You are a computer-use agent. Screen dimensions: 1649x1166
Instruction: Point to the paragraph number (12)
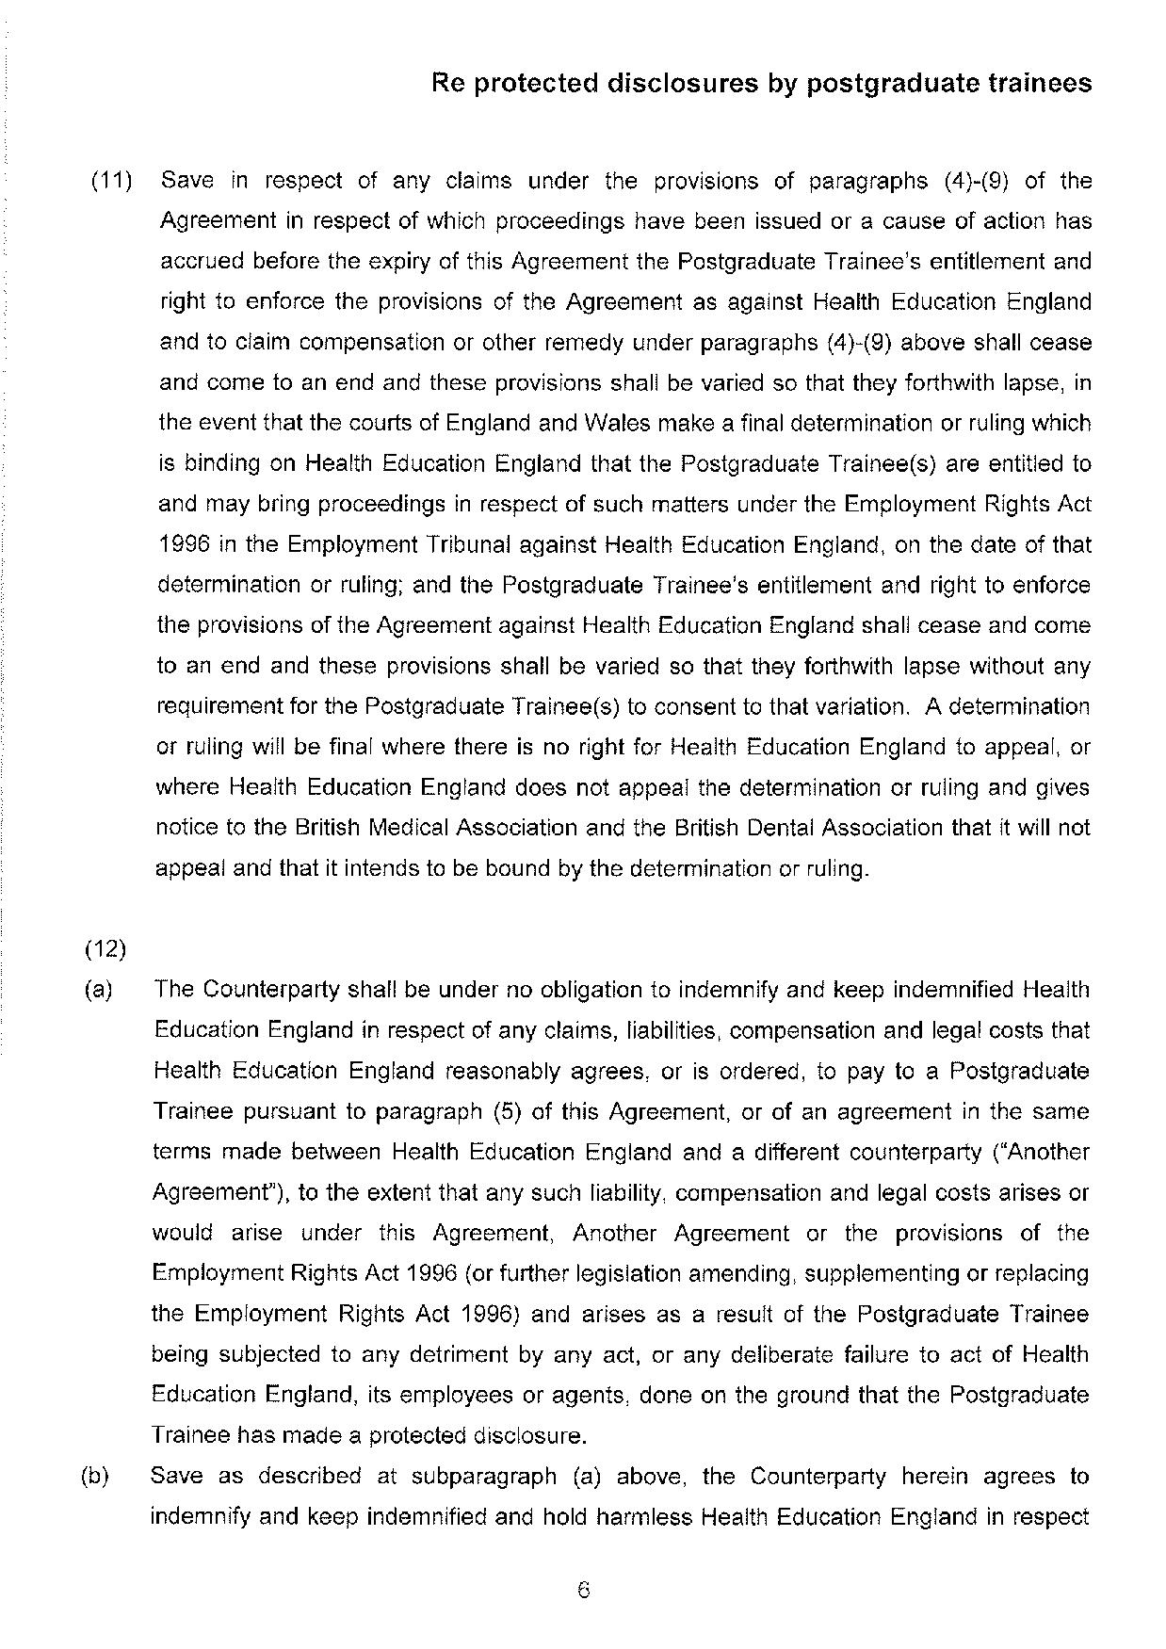coord(105,948)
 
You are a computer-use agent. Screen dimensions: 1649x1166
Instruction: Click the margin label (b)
coord(96,1477)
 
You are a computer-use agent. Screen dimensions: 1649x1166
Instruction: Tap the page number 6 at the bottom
coord(583,1591)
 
